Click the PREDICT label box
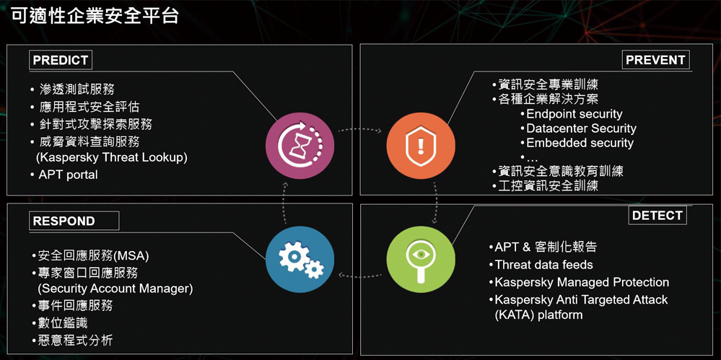click(x=60, y=60)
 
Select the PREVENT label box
click(x=655, y=60)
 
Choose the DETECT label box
click(x=657, y=215)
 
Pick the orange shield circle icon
click(x=420, y=145)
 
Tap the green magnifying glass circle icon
click(x=420, y=259)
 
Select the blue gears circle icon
click(x=300, y=259)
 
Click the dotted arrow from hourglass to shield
click(x=360, y=130)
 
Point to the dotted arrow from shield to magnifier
click(x=435, y=202)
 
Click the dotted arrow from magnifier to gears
click(x=360, y=276)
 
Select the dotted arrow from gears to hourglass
click(x=285, y=202)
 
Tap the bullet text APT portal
click(x=68, y=175)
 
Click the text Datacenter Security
click(x=581, y=128)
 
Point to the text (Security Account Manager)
click(x=115, y=289)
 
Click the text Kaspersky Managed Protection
click(x=582, y=282)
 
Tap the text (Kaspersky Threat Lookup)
click(x=112, y=157)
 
